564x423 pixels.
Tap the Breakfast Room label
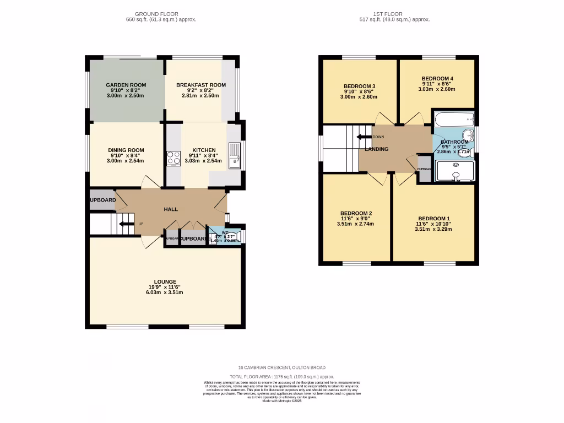point(201,85)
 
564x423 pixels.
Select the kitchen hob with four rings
point(174,158)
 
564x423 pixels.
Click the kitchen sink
point(235,154)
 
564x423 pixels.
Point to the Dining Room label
point(126,150)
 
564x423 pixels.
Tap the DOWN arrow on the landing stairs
point(364,137)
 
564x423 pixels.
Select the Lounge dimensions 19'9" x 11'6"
point(160,287)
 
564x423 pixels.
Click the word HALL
point(171,210)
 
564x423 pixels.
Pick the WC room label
point(225,232)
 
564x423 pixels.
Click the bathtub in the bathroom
point(454,118)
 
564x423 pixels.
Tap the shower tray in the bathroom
point(454,171)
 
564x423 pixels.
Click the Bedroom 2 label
point(356,214)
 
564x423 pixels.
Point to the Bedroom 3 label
point(359,86)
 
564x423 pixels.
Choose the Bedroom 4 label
point(437,79)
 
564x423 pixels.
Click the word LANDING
point(376,149)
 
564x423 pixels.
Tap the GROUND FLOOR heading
point(156,14)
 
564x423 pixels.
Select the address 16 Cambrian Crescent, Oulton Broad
point(281,367)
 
